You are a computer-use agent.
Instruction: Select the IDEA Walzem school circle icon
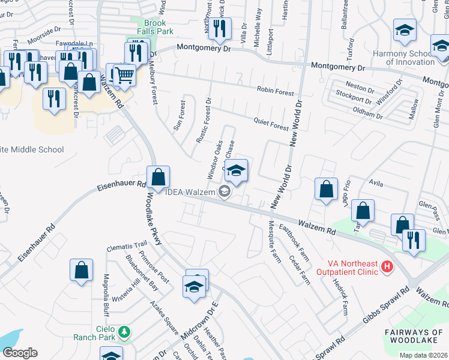point(225,192)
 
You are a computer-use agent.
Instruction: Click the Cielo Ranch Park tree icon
point(124,331)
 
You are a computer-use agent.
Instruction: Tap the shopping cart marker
point(124,74)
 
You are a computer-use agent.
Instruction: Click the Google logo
point(20,353)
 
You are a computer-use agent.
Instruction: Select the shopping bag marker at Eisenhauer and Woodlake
point(158,178)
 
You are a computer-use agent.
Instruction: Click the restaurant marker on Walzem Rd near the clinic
point(413,239)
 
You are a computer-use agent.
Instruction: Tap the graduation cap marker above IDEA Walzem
point(236,171)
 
